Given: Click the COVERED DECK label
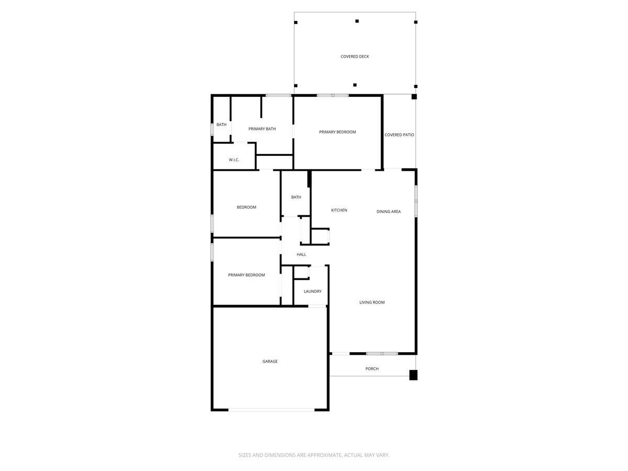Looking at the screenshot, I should click(355, 57).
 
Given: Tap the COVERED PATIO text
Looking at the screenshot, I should click(399, 135).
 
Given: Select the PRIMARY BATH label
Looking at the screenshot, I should click(262, 129).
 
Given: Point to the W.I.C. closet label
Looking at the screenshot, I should click(234, 160).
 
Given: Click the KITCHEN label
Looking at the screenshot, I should click(339, 210).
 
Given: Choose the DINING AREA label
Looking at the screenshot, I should click(389, 211).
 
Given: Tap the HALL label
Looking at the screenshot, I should click(301, 254).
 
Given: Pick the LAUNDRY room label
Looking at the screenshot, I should click(312, 291).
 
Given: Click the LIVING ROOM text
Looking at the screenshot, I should click(372, 302).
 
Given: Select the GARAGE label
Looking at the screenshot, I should click(270, 362).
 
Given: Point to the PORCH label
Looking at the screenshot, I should click(372, 369).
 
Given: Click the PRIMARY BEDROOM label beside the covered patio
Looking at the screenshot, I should click(338, 132).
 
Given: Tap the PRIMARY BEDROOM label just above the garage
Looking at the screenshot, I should click(246, 275).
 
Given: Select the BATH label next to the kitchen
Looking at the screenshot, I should click(296, 197).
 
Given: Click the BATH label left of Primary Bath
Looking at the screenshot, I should click(222, 125).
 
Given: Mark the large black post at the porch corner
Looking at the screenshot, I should click(413, 375).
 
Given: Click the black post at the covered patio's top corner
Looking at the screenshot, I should click(414, 96).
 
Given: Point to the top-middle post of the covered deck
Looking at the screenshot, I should click(357, 21).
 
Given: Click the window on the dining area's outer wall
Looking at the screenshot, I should click(416, 201).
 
